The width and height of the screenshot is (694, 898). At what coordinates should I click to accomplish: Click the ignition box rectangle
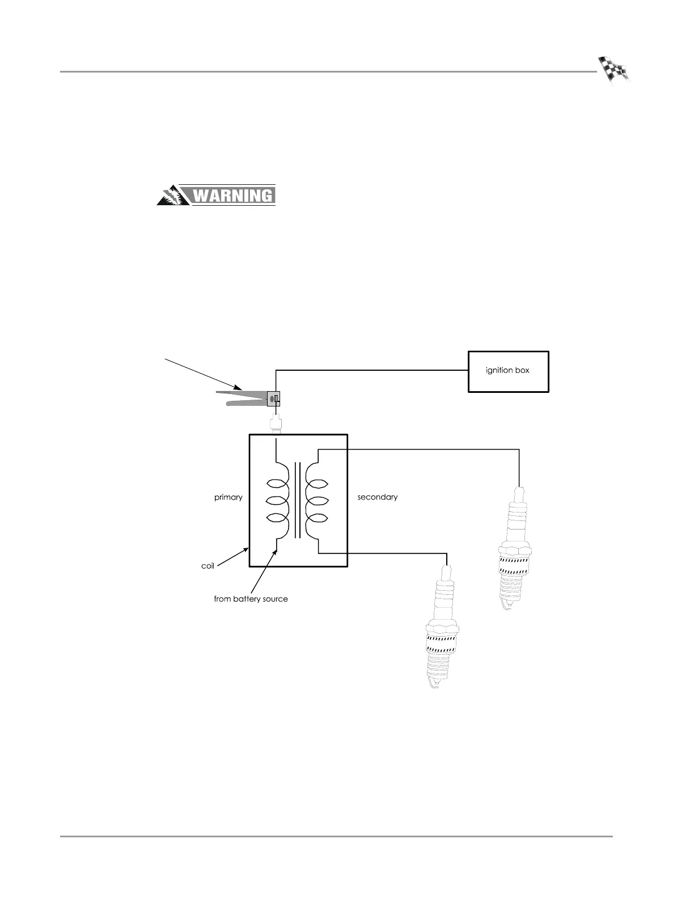point(508,371)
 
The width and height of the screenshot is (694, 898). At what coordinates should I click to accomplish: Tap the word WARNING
point(234,196)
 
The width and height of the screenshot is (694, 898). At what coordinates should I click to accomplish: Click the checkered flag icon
point(614,71)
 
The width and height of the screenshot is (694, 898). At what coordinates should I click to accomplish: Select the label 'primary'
point(228,497)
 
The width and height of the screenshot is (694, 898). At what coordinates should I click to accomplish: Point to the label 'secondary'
point(377,497)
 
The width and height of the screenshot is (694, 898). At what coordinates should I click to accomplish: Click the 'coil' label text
point(208,566)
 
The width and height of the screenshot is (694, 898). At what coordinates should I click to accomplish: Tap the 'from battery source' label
point(251,599)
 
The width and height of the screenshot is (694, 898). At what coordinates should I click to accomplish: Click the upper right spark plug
point(515,547)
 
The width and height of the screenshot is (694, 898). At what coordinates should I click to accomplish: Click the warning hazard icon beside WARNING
point(173,196)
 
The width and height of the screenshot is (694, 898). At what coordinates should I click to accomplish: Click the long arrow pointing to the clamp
point(204,374)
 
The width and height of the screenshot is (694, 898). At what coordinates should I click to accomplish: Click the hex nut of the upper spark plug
point(515,550)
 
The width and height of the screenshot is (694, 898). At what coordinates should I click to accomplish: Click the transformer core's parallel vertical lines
point(297,500)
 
